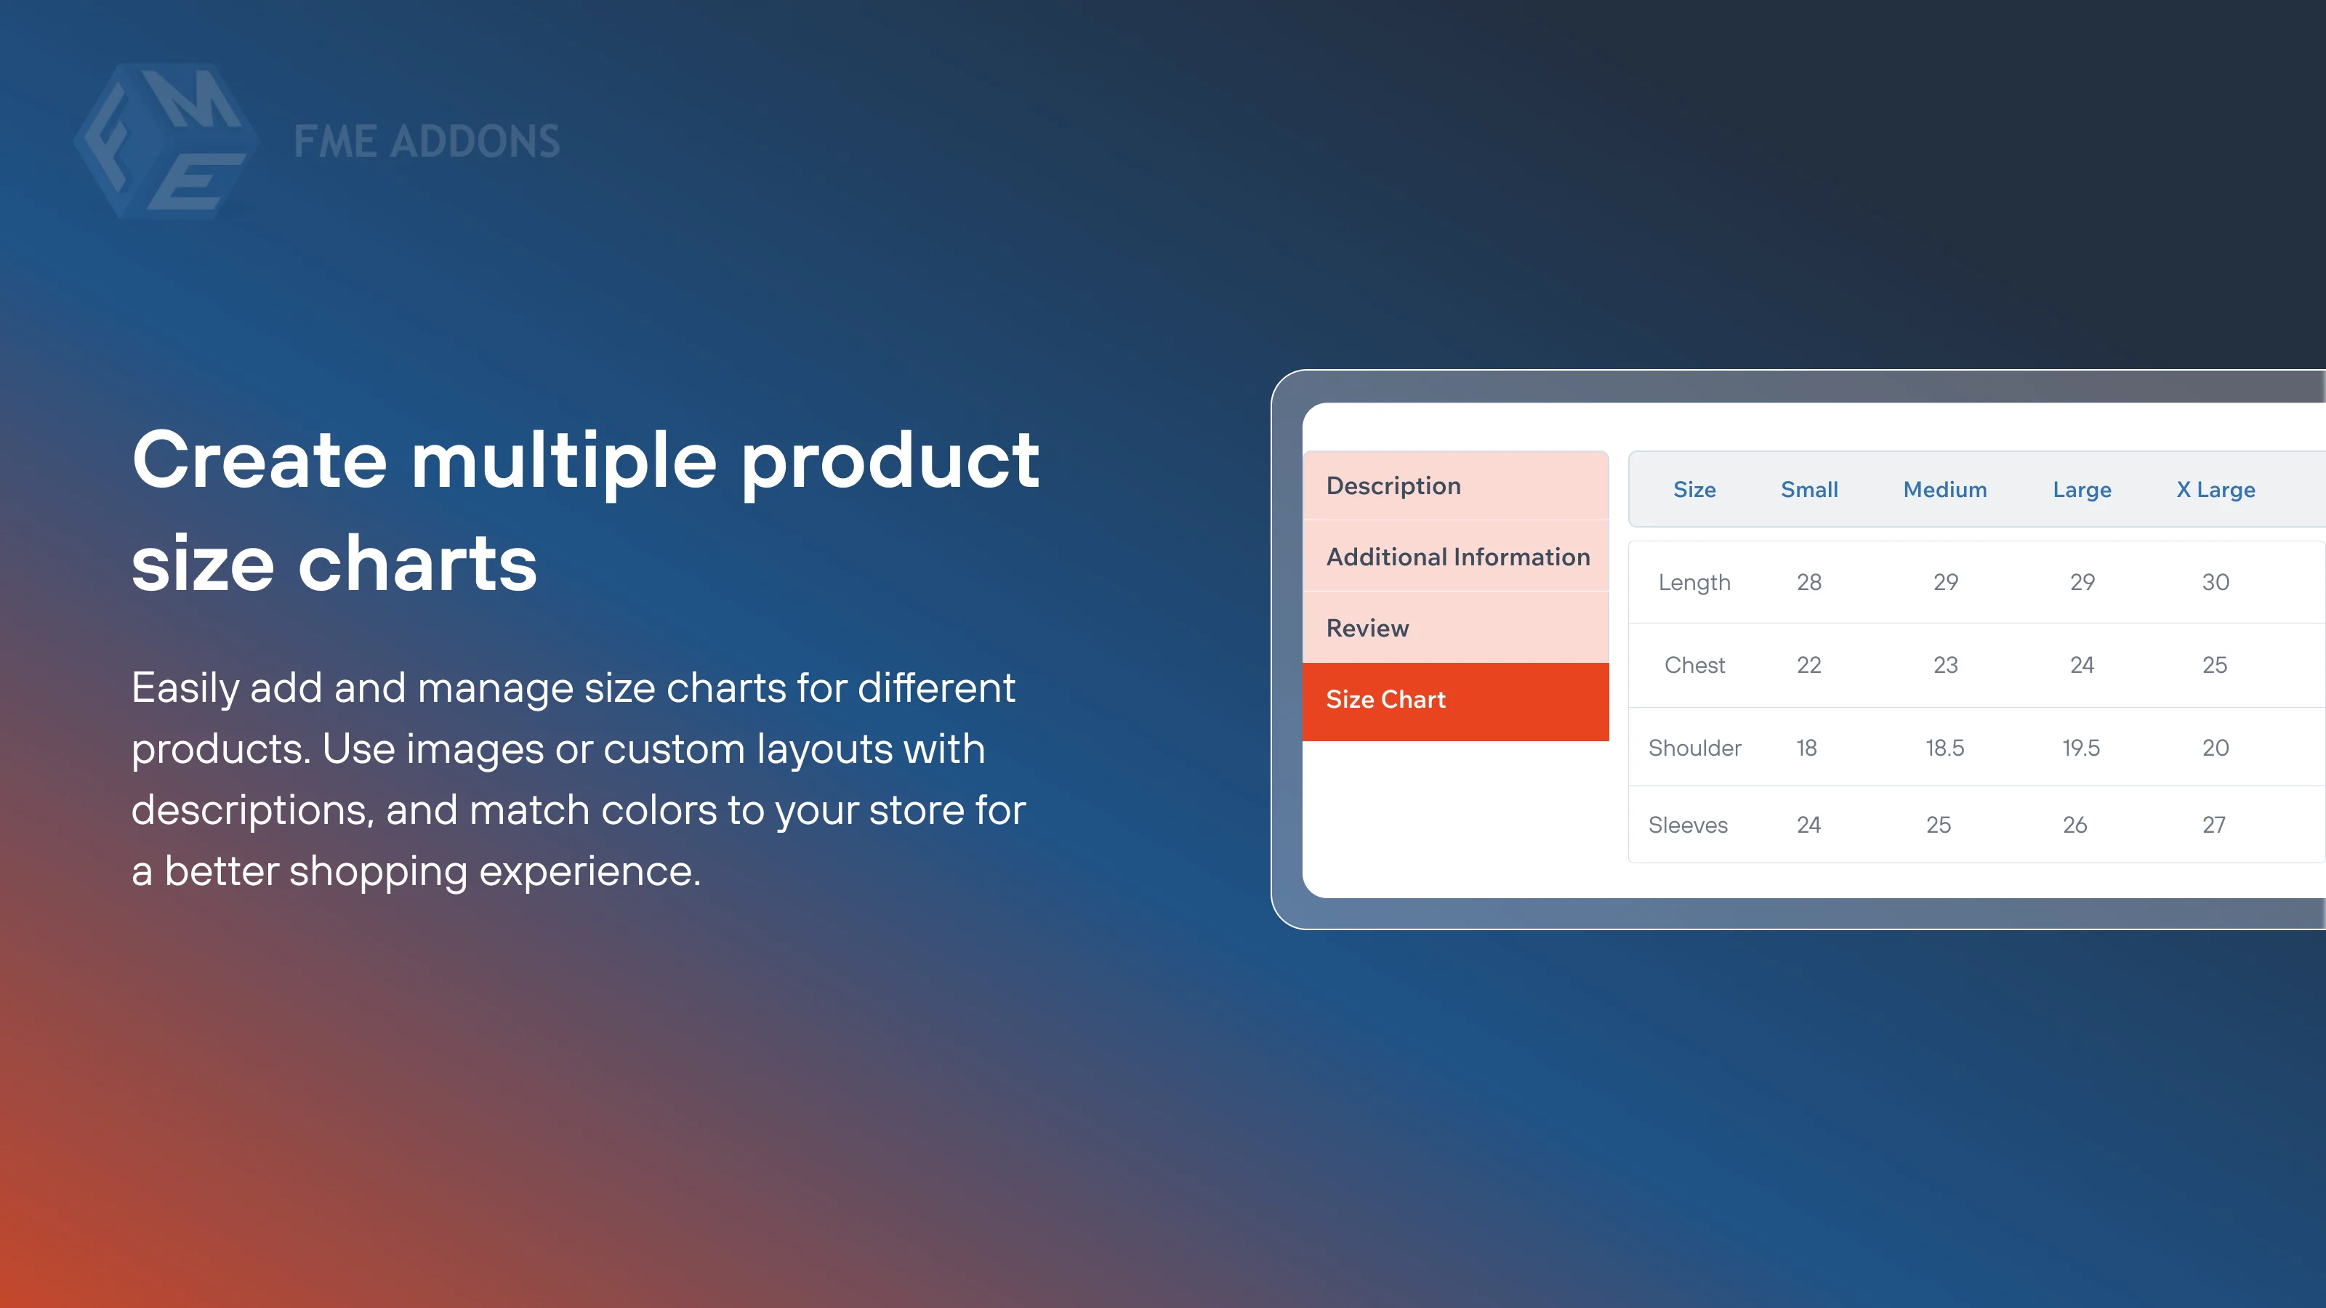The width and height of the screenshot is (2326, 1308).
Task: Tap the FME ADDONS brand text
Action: tap(426, 142)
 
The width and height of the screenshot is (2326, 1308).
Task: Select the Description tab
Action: tap(1393, 485)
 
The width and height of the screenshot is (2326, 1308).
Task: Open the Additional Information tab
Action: tap(1457, 557)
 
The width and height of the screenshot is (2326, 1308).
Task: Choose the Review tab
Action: tap(1367, 629)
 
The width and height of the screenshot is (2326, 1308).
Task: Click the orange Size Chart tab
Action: tap(1385, 700)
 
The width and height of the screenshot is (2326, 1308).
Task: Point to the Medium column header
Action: tap(1944, 489)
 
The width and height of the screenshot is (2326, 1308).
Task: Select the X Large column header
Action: tap(2215, 489)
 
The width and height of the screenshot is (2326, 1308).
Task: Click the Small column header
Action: tap(1808, 489)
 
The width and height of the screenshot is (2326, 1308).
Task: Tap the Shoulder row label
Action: tap(1694, 748)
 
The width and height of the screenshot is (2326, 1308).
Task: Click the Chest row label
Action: tap(1694, 666)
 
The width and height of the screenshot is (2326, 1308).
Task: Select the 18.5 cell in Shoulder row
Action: tap(1944, 748)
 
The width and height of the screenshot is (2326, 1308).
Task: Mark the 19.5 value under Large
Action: tap(2080, 748)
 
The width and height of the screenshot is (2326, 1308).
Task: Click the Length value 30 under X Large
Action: tap(2215, 582)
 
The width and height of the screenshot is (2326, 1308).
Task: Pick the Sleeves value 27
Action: tap(2213, 825)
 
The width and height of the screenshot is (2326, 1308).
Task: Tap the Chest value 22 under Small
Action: tap(1808, 666)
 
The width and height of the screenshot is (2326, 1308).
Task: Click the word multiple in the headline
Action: tap(564, 462)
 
